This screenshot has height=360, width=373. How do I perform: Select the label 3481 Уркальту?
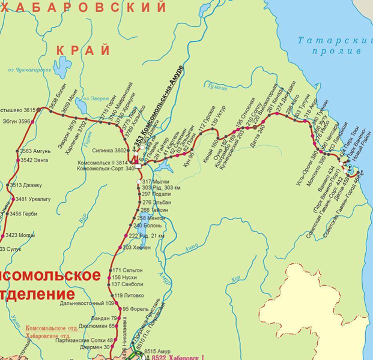coord(33,199)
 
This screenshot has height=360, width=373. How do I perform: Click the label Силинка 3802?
coord(111,151)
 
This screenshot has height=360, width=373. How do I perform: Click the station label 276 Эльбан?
coord(157,203)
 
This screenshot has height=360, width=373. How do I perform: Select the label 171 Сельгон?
coord(127,271)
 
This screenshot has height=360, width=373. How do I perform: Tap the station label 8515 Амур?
coord(159,352)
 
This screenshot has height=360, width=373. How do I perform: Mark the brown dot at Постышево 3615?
coord(39,110)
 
